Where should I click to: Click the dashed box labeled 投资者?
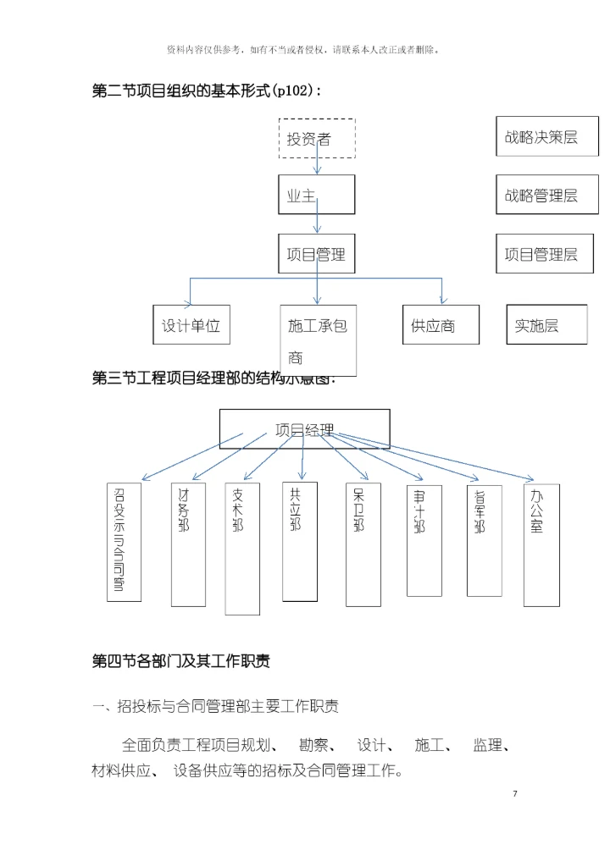317,139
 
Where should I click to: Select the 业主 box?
317,195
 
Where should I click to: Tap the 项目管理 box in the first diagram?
317,253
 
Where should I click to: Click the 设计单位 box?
191,325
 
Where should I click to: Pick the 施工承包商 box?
318,339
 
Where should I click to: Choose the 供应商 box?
441,325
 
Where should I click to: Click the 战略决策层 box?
541,137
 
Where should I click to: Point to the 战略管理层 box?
541,196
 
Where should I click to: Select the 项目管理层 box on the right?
541,254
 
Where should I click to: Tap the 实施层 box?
546,325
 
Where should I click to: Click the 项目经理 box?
305,429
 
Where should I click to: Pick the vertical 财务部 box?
188,544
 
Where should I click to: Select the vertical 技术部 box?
242,549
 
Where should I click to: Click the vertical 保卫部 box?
363,544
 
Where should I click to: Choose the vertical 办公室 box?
541,544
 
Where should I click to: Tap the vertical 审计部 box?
424,540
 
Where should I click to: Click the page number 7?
514,793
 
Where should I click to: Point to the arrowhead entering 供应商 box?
441,301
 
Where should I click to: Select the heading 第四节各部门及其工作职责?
180,661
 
